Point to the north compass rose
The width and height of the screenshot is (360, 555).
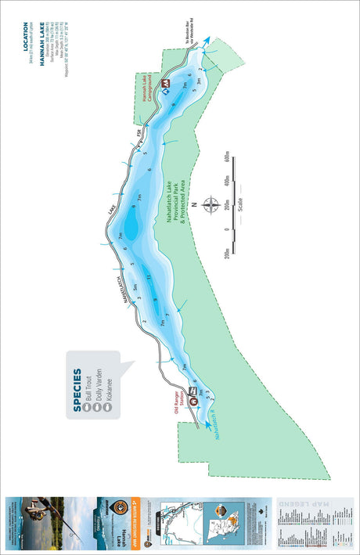[x=211, y=206]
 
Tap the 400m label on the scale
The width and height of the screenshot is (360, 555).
[x=228, y=184]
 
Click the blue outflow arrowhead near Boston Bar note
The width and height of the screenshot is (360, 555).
[x=208, y=38]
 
